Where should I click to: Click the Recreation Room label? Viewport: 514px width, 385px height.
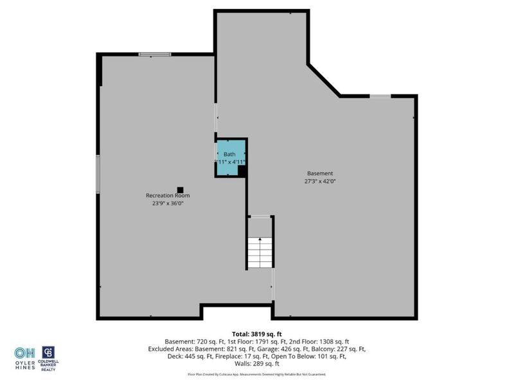167,196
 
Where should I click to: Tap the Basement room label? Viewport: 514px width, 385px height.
319,173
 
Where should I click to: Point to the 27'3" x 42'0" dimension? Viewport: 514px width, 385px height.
320,182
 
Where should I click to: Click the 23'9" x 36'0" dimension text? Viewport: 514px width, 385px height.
167,204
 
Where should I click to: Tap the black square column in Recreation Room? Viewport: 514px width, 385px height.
180,189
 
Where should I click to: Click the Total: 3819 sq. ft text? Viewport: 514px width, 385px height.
257,334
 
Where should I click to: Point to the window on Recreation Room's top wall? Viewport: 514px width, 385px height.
155,54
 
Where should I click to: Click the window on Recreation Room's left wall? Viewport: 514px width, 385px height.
98,173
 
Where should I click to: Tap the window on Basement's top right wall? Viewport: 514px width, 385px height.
380,96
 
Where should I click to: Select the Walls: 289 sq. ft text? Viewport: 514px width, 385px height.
257,364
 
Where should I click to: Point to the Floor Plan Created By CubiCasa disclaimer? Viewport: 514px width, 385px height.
257,374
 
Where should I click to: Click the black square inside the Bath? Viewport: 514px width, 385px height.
242,171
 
